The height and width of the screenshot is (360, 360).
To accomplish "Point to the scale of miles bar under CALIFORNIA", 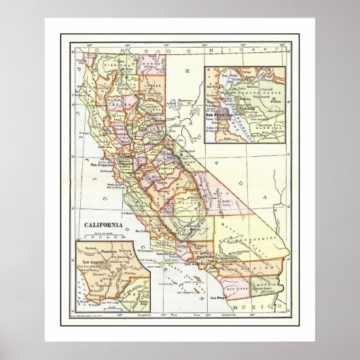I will pyautogui.click(x=101, y=237).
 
